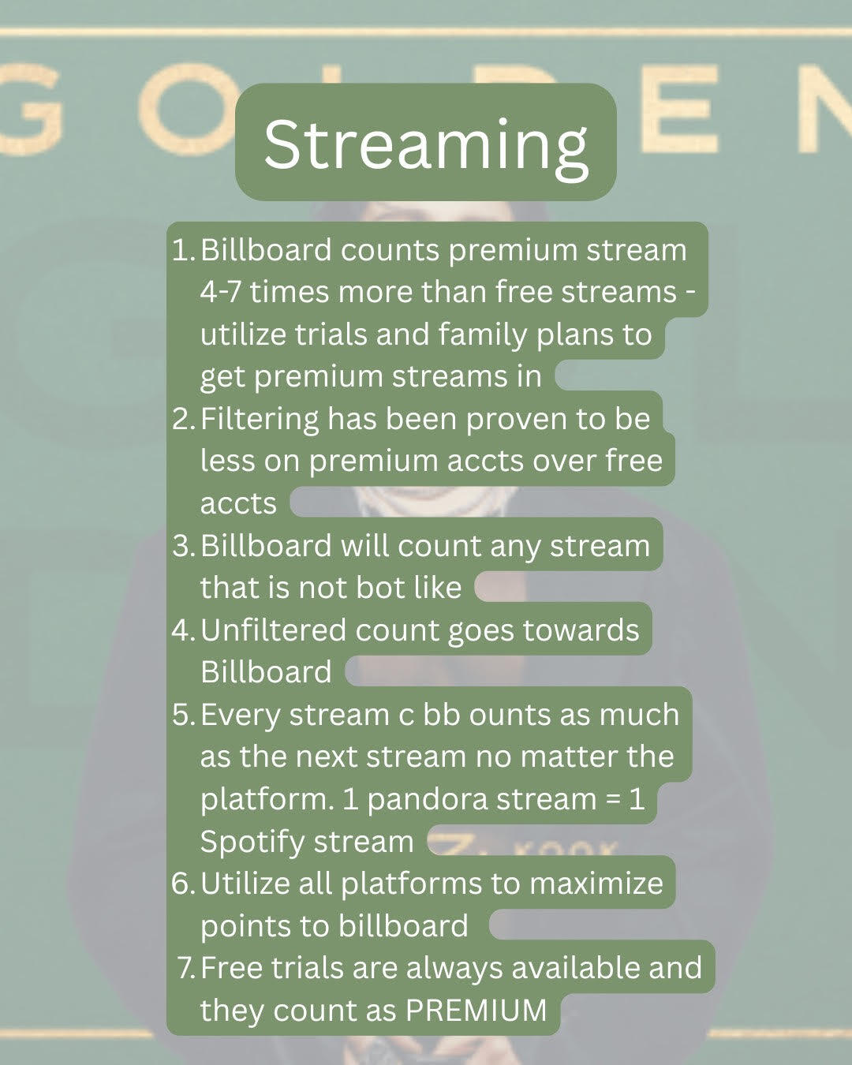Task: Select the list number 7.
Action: coord(187,967)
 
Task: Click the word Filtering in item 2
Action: coord(260,420)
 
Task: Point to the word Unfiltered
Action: coord(273,630)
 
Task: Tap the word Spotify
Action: coord(251,843)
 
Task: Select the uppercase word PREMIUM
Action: coord(476,1010)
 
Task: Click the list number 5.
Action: coord(181,715)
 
